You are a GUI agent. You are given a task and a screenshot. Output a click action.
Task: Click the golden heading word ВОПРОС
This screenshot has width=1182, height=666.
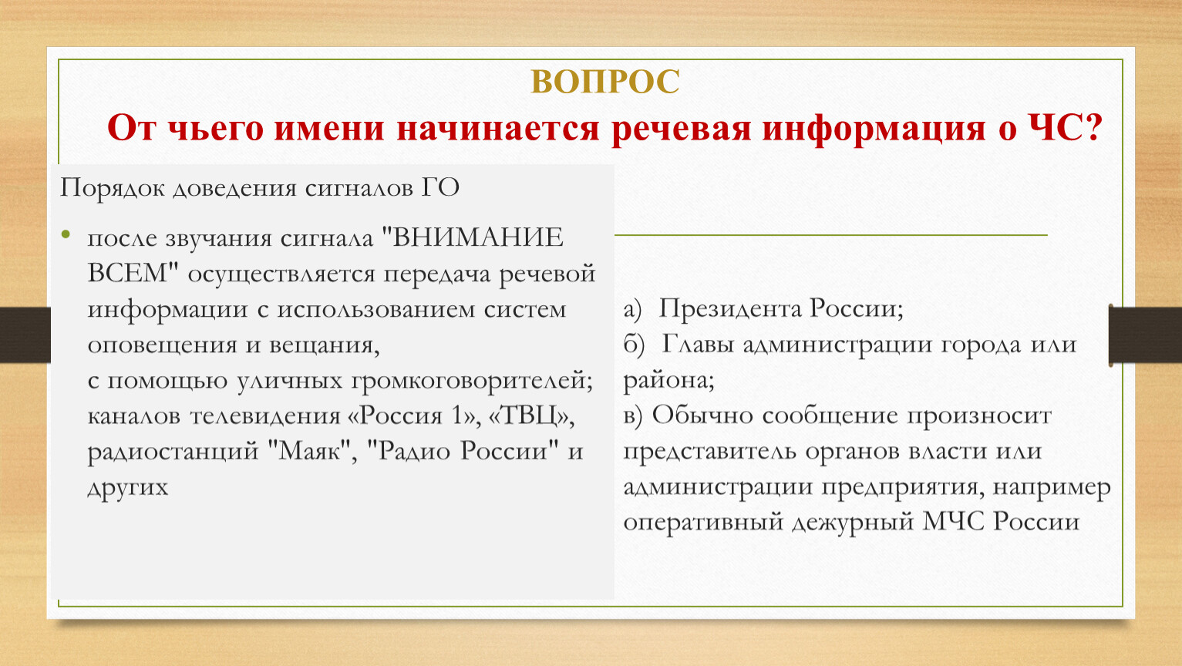point(604,82)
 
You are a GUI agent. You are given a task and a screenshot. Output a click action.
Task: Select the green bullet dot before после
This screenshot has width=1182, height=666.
point(66,234)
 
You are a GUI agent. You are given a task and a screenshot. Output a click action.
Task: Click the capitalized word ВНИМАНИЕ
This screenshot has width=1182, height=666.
point(477,238)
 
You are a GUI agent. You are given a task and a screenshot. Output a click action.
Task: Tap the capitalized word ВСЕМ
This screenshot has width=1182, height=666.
point(133,274)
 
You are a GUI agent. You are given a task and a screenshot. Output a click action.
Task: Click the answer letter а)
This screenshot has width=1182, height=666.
point(632,310)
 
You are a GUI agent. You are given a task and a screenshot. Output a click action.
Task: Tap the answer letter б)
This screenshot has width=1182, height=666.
point(634,345)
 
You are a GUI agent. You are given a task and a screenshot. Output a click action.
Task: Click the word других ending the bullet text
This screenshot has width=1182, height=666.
point(128,488)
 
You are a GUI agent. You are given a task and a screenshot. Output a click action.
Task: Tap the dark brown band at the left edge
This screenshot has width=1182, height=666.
point(25,335)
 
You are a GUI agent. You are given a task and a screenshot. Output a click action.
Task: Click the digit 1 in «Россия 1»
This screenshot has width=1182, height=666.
point(457,416)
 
